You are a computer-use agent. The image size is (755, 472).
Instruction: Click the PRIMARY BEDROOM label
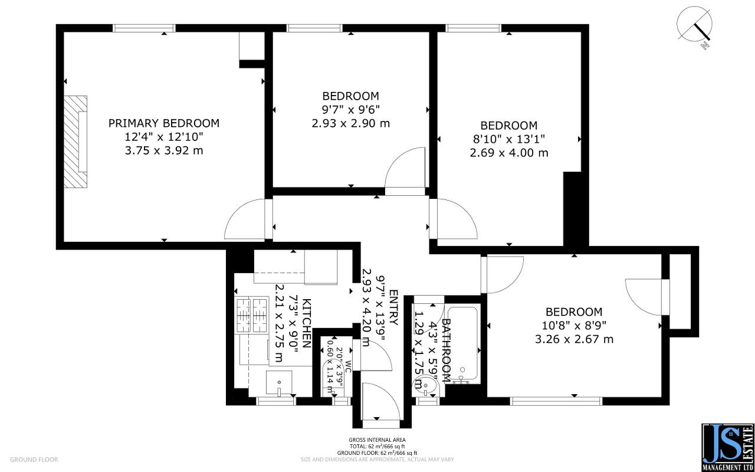163,123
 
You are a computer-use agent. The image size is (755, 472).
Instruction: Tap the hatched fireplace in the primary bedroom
75,142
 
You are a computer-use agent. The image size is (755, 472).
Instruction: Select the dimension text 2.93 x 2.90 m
350,123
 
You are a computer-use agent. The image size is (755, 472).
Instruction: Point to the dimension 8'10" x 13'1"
508,139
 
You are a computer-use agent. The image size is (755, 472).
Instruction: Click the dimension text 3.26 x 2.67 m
573,339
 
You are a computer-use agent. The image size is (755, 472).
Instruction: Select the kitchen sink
280,383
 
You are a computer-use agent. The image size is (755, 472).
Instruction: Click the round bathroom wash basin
425,387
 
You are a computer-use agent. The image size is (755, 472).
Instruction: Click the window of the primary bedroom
145,28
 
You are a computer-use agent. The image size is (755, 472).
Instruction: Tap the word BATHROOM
447,350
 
